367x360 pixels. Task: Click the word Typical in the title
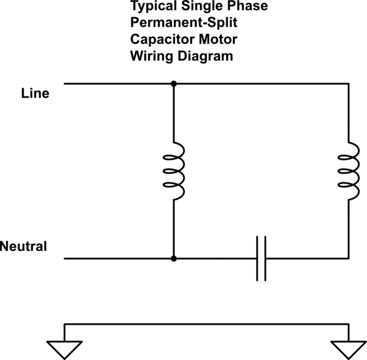[151, 8]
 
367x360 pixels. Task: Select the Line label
[35, 94]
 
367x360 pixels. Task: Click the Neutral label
[24, 247]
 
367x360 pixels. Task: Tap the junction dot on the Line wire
[174, 83]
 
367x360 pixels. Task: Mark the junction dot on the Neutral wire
[174, 258]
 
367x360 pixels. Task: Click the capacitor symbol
[261, 258]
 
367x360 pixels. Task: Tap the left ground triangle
[64, 348]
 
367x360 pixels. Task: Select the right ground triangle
[348, 348]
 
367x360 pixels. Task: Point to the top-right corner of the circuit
[349, 83]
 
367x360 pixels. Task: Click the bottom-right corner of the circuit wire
[349, 258]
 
